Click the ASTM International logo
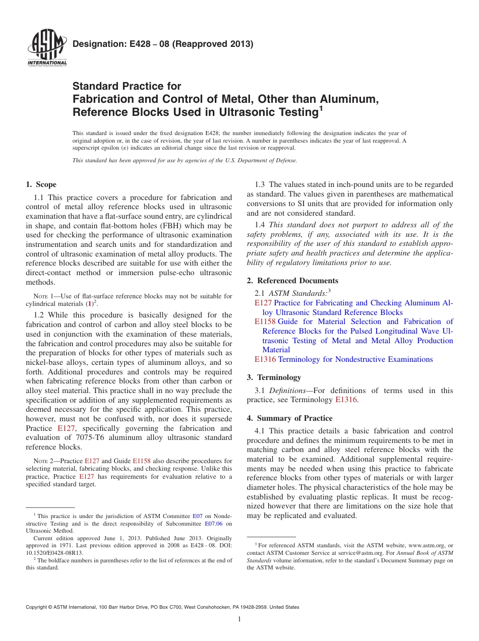coord(47,48)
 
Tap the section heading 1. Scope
coord(41,184)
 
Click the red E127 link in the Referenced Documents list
coord(263,303)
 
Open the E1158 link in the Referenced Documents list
coord(265,322)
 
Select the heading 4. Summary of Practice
coord(289,418)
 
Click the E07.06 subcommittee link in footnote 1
coord(214,524)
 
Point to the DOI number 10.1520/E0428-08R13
coord(54,552)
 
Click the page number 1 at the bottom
coord(239,619)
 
